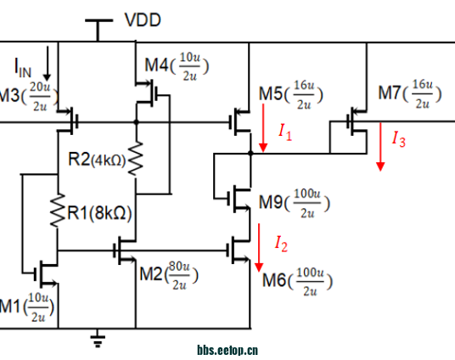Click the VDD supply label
click(143, 20)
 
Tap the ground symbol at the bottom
click(98, 339)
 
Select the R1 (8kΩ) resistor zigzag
click(58, 211)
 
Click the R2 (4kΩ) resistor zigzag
click(136, 159)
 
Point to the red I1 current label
click(285, 132)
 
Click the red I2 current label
click(281, 244)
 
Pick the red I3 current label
click(399, 138)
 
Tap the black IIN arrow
click(47, 64)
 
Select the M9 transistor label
click(271, 202)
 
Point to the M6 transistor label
click(274, 280)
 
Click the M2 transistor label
click(151, 273)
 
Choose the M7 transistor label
click(390, 93)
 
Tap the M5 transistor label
click(271, 94)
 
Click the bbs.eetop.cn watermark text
click(227, 350)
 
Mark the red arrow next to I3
click(380, 147)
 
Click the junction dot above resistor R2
click(136, 122)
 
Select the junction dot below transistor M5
click(250, 153)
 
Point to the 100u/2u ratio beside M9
click(307, 203)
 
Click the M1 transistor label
click(12, 307)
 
